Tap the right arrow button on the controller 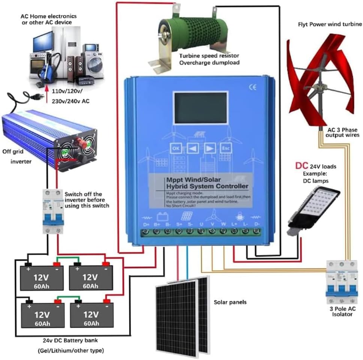tap(210, 148)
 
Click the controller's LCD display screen tap(200, 109)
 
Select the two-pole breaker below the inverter tap(53, 212)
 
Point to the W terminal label tap(224, 223)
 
